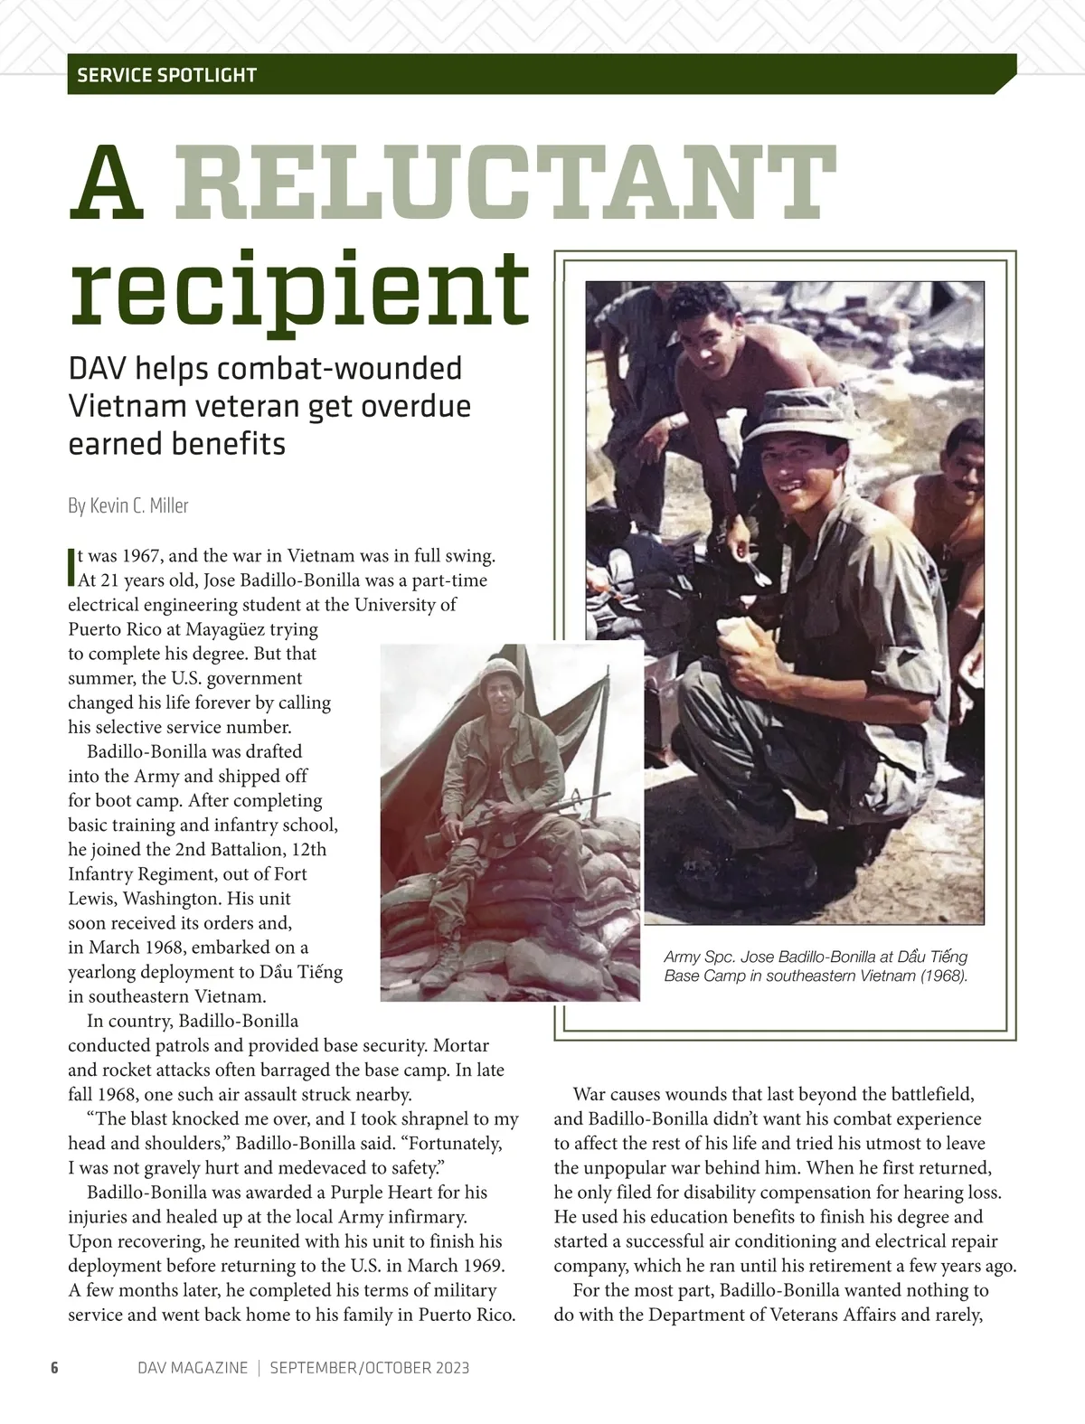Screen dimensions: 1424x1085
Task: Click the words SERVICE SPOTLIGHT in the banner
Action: click(167, 75)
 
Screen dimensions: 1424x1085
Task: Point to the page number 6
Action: click(54, 1368)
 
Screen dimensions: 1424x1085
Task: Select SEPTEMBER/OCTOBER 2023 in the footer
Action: click(370, 1368)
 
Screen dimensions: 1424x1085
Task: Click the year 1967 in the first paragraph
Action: click(142, 555)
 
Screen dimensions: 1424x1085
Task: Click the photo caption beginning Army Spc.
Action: click(816, 967)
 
